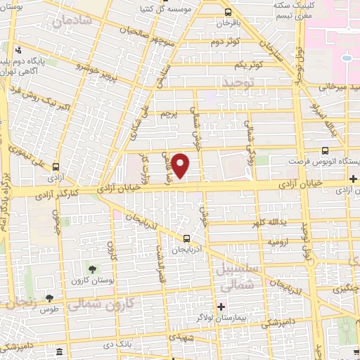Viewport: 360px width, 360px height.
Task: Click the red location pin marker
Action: tap(181, 165)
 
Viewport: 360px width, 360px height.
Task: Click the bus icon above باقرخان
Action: tap(227, 12)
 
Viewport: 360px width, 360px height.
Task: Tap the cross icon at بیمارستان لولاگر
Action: tap(221, 307)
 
